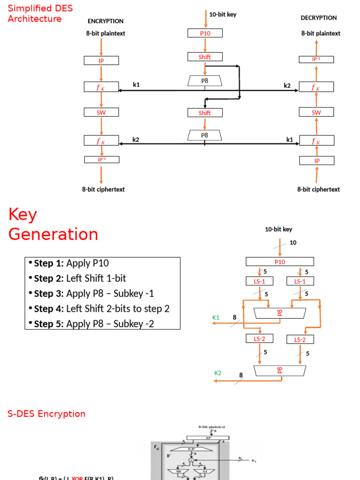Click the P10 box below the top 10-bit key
[205, 33]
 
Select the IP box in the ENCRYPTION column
[101, 61]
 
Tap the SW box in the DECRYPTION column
[316, 112]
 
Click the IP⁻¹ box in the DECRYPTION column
[316, 59]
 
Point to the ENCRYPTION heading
[105, 21]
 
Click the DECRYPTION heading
[319, 18]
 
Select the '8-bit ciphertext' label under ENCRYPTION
[103, 189]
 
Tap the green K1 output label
[216, 317]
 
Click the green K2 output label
[218, 373]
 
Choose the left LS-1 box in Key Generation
[260, 281]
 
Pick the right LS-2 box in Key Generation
[300, 339]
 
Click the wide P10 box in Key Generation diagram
[280, 262]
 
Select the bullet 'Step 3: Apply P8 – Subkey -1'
[94, 293]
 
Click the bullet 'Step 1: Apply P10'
[71, 263]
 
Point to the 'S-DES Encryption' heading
[46, 414]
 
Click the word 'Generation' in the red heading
[53, 234]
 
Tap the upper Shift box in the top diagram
[205, 57]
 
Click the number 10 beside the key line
[293, 242]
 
